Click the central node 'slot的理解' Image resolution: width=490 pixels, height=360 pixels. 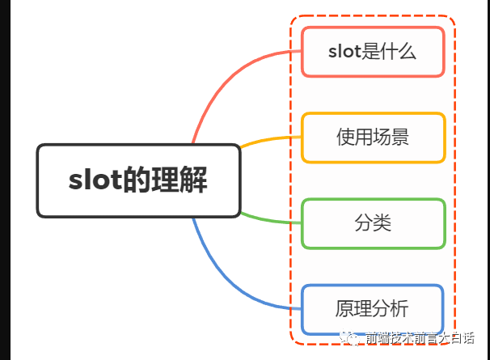click(139, 180)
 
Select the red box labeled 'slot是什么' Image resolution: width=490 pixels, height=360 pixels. click(373, 53)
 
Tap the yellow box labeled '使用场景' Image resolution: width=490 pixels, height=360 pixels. click(373, 138)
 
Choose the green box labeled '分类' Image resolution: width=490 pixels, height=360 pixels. click(373, 223)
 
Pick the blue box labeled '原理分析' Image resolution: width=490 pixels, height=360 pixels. click(373, 309)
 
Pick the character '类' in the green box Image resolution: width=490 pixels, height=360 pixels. click(382, 223)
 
